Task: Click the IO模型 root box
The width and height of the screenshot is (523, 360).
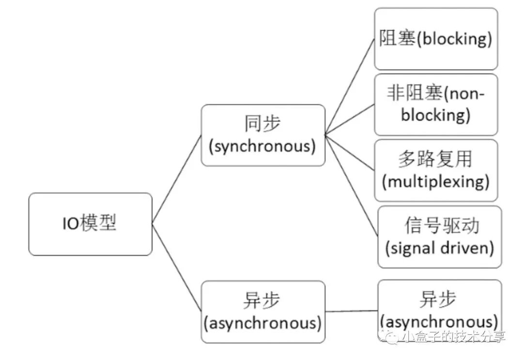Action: [90, 224]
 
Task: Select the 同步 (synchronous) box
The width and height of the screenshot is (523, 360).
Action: [263, 135]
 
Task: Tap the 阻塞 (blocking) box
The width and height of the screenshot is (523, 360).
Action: [436, 39]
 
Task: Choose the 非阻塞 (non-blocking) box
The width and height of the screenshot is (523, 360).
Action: [436, 105]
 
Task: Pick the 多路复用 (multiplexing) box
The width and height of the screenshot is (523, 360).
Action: [436, 170]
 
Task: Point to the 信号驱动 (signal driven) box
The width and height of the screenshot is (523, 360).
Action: [439, 237]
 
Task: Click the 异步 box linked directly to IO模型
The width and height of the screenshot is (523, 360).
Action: [263, 312]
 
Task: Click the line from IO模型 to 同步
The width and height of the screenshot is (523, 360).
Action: [177, 179]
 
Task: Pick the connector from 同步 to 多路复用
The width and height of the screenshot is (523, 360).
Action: [350, 152]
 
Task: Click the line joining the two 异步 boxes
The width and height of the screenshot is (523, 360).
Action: [352, 311]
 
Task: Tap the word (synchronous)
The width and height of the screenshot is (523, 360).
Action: [263, 146]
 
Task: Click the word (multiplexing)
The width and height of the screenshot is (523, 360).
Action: [436, 182]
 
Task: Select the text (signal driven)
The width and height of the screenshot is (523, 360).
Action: [439, 248]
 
